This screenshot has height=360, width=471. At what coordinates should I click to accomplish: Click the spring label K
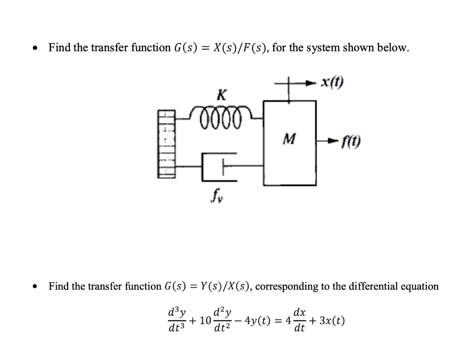[x=221, y=95]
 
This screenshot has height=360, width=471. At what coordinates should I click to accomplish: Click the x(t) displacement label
[x=333, y=84]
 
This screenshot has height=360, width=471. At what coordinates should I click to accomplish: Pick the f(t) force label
[x=350, y=143]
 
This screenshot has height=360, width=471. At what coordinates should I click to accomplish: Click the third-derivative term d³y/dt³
[x=177, y=320]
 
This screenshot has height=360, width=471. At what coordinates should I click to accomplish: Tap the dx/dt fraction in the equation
[x=299, y=320]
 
